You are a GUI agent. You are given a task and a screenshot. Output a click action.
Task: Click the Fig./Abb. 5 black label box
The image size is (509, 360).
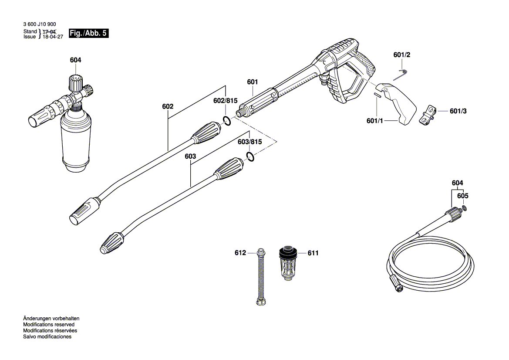point(88,34)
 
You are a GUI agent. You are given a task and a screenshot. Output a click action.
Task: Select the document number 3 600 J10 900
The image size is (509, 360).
point(40,25)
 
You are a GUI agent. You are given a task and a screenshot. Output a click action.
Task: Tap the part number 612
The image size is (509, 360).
point(240,253)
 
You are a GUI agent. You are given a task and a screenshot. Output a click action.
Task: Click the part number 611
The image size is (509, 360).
point(313,253)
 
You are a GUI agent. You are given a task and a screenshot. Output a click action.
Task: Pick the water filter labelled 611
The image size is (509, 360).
point(288,265)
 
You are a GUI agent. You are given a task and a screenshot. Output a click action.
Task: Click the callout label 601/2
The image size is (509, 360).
point(401,55)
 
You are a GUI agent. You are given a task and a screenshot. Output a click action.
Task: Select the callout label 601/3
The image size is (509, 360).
point(458,111)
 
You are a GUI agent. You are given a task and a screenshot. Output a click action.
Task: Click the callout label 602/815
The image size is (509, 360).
point(226,100)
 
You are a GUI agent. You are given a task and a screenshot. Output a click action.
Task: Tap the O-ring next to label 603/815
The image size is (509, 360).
point(249,156)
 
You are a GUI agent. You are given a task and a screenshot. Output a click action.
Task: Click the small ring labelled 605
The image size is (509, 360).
point(465,208)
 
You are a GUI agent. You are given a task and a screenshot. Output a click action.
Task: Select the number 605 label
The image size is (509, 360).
point(462,196)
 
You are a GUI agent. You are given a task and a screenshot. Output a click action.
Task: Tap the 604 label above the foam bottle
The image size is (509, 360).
point(75,60)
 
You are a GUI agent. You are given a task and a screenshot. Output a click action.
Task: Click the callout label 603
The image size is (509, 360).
point(190,156)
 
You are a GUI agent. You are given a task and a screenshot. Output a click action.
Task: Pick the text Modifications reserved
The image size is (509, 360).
point(49,325)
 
